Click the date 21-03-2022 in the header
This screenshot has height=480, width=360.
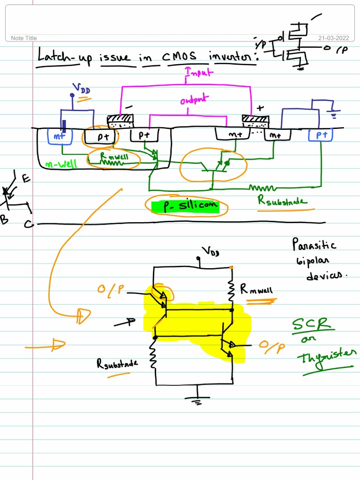click(334, 38)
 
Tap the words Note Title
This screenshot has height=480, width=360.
click(23, 38)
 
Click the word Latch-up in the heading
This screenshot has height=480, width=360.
click(65, 57)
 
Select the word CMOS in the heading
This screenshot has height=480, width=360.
click(180, 57)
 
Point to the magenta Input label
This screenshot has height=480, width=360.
click(199, 72)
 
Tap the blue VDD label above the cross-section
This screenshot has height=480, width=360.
click(81, 88)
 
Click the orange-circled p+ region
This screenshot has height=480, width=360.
click(103, 137)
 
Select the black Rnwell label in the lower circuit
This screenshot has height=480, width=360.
click(256, 291)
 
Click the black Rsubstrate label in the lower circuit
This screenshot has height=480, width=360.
click(117, 363)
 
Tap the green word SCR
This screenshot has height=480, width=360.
click(312, 324)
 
